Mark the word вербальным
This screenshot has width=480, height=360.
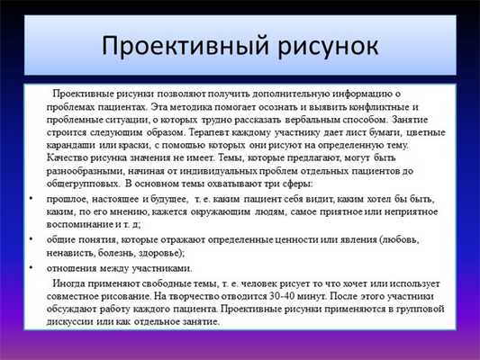[x=340, y=119]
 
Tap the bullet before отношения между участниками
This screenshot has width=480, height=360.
[x=32, y=268]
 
